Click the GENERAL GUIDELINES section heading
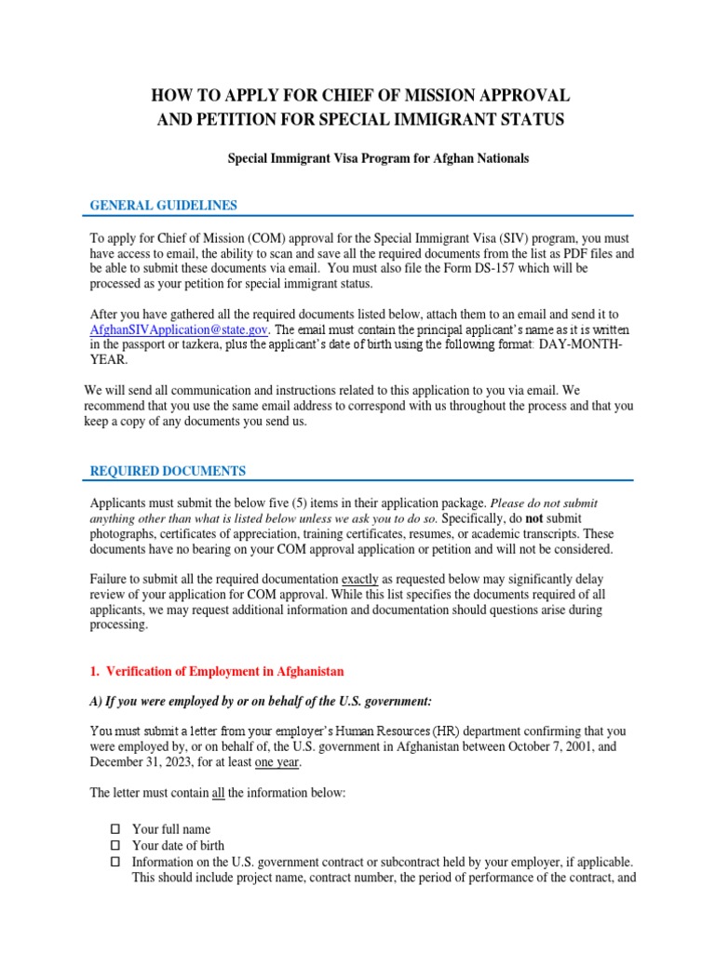(x=163, y=205)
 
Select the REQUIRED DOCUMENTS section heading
(x=168, y=471)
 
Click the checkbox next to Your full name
(x=115, y=828)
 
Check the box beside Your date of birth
(x=115, y=845)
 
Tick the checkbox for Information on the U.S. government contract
(x=115, y=862)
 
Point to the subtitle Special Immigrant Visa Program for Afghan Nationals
(x=378, y=158)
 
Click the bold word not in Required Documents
(x=529, y=517)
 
